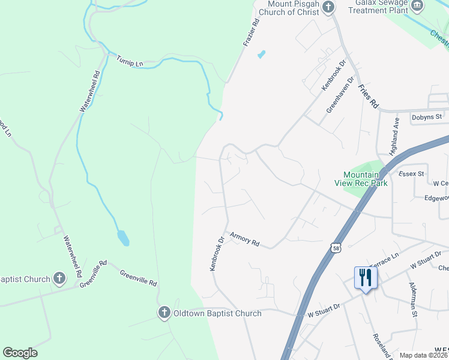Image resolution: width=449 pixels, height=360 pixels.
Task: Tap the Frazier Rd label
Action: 252,33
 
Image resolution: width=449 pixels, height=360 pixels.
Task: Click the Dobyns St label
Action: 426,116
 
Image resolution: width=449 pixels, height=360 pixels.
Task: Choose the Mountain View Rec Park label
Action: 361,179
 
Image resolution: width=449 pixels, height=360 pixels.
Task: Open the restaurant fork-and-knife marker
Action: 365,278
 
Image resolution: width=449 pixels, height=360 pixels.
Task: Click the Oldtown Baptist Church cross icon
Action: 164,313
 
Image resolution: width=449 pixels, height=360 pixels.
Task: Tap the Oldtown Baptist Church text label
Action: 217,313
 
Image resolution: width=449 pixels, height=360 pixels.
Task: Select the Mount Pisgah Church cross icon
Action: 328,7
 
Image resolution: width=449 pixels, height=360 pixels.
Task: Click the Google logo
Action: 20,353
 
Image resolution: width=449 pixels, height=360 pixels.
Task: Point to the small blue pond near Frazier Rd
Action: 261,55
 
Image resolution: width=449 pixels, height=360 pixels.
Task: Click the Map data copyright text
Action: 424,355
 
